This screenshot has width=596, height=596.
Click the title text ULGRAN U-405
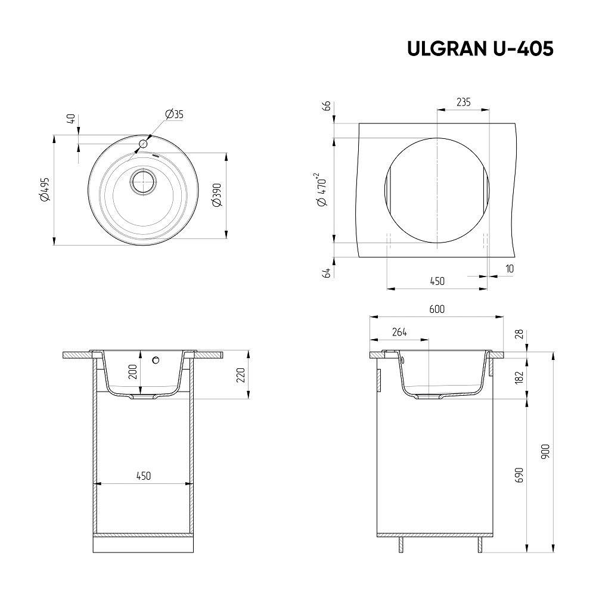480,49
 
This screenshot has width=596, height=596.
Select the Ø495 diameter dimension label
46,190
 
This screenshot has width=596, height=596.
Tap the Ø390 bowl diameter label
217,195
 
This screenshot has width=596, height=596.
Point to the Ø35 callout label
175,114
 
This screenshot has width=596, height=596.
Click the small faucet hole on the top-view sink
143,144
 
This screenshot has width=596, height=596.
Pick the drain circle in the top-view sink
143,182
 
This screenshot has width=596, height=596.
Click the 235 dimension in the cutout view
463,102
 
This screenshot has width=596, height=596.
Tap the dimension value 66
327,106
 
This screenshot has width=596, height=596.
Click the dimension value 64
327,273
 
